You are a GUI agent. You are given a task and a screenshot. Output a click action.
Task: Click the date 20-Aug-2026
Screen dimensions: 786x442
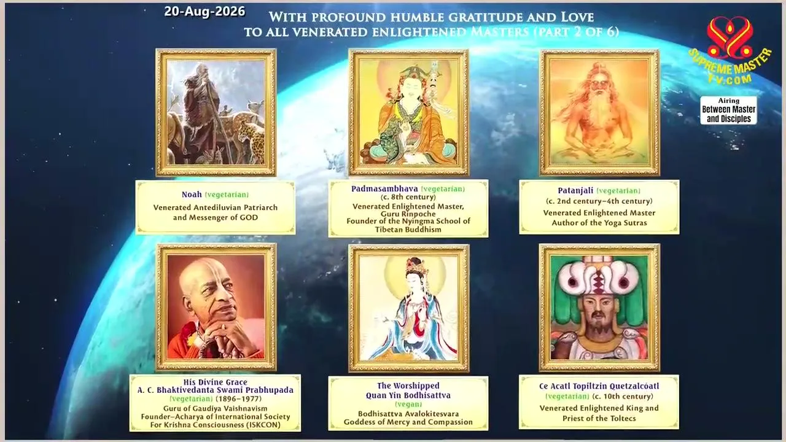click(204, 12)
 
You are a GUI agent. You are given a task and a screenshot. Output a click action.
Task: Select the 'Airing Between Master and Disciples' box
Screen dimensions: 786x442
click(728, 110)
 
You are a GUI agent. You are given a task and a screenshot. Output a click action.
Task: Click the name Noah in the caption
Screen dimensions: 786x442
click(192, 195)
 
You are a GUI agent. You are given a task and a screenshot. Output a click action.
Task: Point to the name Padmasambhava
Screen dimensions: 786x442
click(384, 188)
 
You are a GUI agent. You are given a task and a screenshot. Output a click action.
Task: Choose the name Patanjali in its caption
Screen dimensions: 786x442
click(575, 190)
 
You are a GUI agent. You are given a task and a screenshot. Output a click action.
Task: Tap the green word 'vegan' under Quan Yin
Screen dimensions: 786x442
click(408, 404)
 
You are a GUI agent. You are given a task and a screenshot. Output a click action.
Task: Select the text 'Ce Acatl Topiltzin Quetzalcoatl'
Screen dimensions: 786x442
click(599, 386)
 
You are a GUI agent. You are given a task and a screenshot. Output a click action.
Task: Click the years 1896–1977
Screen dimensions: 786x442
click(239, 399)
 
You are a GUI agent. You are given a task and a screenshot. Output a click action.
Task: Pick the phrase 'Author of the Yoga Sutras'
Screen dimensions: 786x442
click(599, 223)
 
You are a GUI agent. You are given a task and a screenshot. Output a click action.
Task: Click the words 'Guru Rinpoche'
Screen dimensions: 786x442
click(408, 214)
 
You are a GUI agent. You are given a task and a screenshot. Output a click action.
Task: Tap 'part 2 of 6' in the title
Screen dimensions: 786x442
click(575, 32)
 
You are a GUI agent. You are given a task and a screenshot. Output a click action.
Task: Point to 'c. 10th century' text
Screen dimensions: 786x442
click(623, 397)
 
